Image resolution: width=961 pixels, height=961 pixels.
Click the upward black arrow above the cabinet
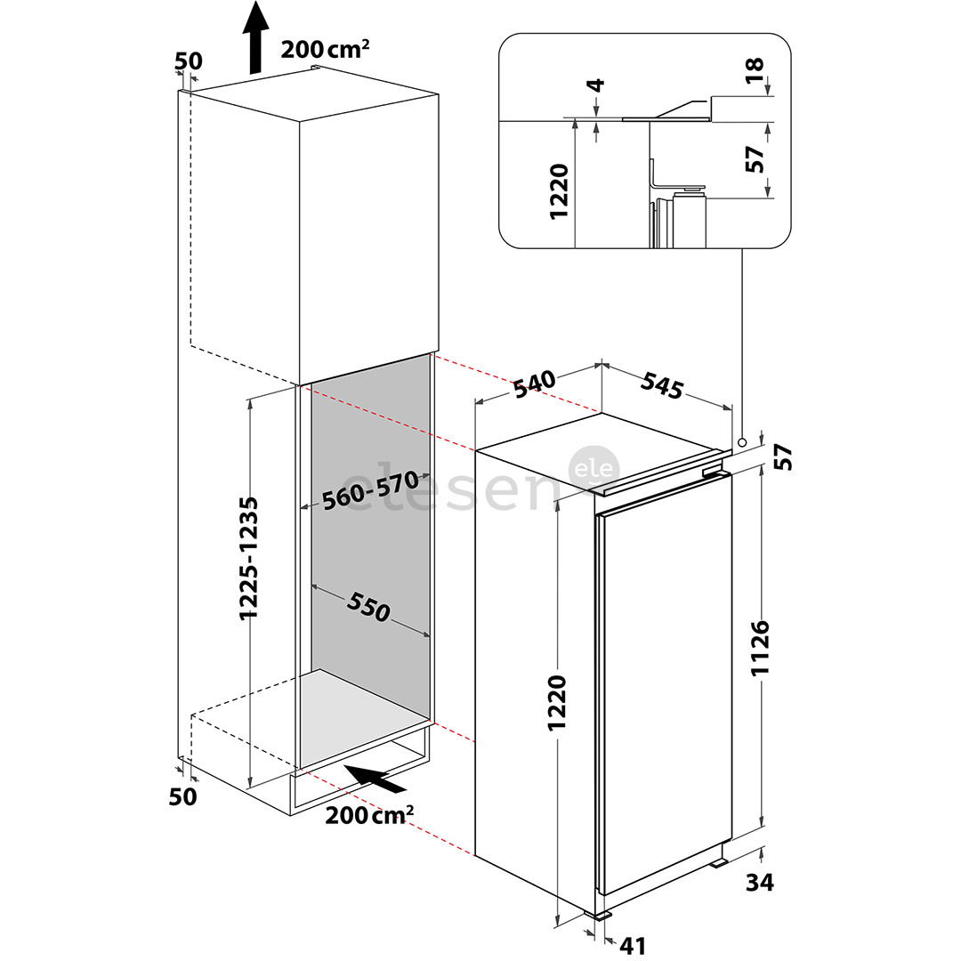[x=255, y=37]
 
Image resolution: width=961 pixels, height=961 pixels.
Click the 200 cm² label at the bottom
[x=368, y=813]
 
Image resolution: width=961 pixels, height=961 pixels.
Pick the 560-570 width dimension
[x=370, y=490]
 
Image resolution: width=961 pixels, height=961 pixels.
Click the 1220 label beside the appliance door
[x=557, y=703]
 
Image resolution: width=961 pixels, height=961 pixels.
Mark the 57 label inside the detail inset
[x=755, y=160]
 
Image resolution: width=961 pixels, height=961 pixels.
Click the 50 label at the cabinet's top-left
[x=189, y=61]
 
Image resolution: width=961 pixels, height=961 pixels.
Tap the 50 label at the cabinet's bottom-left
[x=182, y=796]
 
